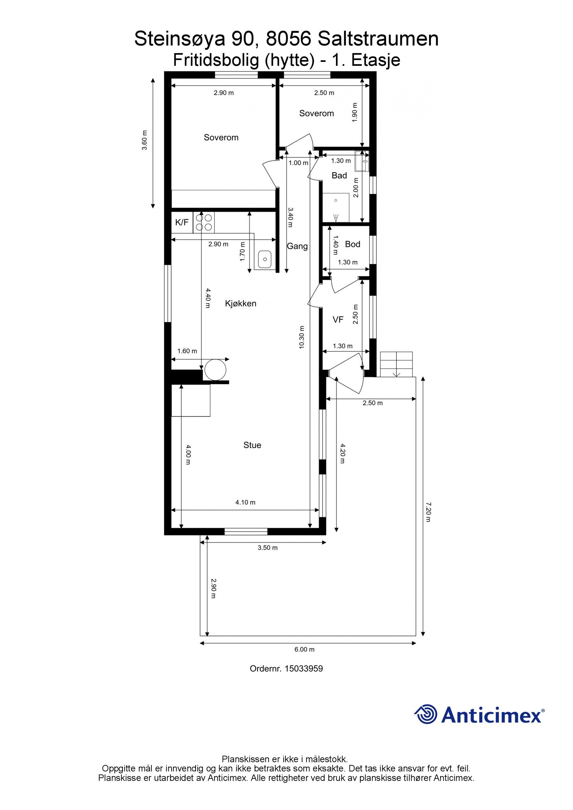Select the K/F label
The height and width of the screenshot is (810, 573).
click(x=182, y=222)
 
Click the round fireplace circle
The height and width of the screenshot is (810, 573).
click(x=215, y=369)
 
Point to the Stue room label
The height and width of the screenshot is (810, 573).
click(x=252, y=445)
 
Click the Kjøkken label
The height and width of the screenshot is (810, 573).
click(x=240, y=304)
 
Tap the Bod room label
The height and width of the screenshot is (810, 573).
click(x=352, y=244)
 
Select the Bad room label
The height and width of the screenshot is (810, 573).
click(x=339, y=175)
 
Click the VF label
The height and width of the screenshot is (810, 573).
click(x=338, y=320)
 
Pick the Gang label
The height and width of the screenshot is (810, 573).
click(x=297, y=246)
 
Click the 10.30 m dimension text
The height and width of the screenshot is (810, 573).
click(x=302, y=337)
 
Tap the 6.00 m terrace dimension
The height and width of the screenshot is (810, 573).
click(x=304, y=649)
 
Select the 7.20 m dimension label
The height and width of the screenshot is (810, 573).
click(x=428, y=512)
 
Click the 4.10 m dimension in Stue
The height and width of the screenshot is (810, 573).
click(x=245, y=502)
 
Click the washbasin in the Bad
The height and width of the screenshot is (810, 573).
click(x=362, y=161)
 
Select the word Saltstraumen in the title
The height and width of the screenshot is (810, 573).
click(x=378, y=39)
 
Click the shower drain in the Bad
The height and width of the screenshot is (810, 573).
click(x=336, y=200)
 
